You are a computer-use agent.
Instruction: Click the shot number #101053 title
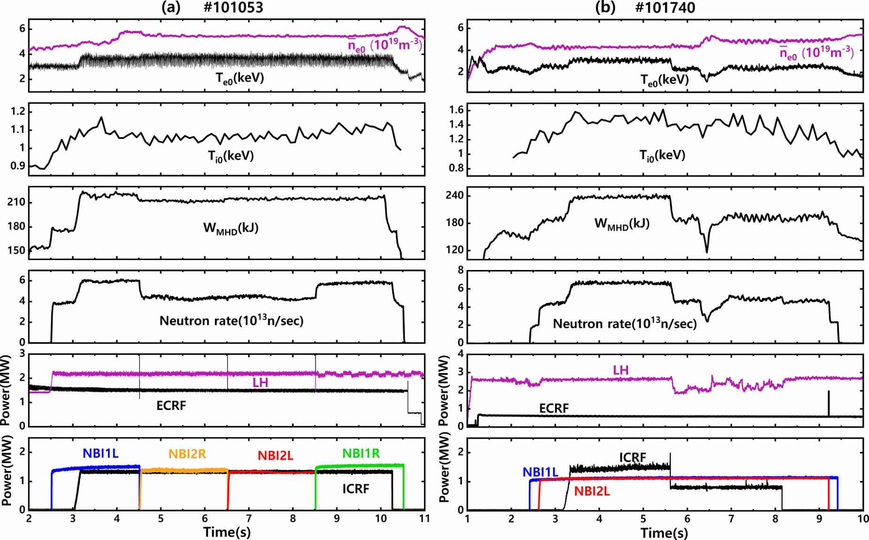coord(233,8)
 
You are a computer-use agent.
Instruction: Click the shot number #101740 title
coord(665,8)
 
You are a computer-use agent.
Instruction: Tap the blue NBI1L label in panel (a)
coord(101,453)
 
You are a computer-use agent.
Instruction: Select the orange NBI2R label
coord(187,454)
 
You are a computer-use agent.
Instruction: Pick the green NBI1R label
coord(361,453)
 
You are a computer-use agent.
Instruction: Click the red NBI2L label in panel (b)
coord(592,491)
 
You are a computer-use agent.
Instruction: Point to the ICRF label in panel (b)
coord(632,457)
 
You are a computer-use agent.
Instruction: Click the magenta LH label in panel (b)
coord(621,370)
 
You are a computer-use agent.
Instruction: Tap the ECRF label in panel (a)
coord(171,405)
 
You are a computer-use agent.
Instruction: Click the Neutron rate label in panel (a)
coord(232,321)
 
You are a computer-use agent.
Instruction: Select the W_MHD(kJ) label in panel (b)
coord(622,224)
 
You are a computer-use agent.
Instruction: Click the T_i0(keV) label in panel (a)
coord(231,156)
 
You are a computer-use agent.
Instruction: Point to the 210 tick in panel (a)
coord(16,202)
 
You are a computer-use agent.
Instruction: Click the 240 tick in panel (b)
coord(455,195)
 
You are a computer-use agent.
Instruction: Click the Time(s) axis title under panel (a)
coord(227,532)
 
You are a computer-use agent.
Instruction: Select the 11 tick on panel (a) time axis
coord(425,518)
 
